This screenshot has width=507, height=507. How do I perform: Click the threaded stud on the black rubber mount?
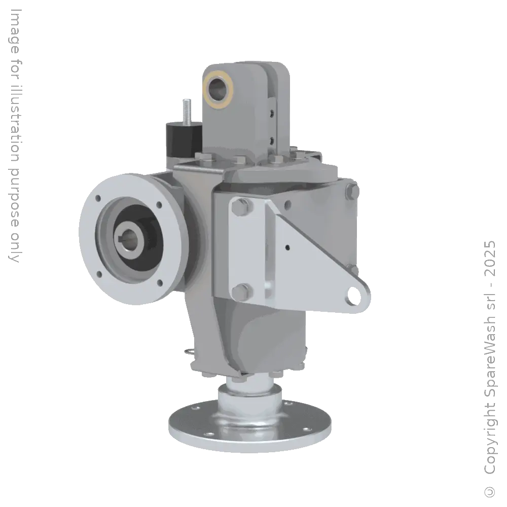[187, 110]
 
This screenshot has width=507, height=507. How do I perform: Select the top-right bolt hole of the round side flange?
[159, 205]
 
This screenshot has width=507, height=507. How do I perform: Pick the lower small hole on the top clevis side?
[272, 137]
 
